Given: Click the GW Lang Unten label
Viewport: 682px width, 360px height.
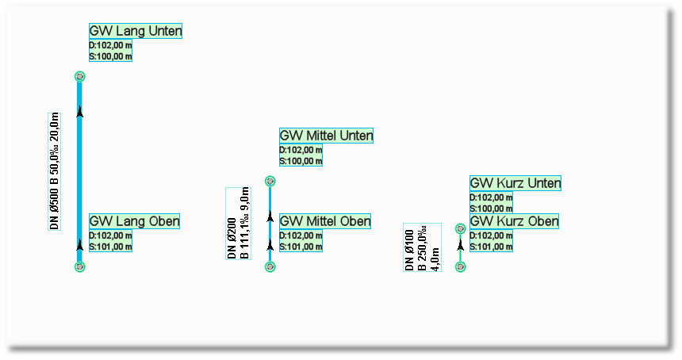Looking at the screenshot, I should [x=136, y=31].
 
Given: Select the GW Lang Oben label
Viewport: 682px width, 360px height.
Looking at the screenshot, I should [x=134, y=221].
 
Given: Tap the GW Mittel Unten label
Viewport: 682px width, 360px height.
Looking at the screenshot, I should [x=326, y=136].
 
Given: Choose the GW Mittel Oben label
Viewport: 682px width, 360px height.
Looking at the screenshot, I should [x=325, y=221].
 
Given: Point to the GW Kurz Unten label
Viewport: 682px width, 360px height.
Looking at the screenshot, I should [x=515, y=183].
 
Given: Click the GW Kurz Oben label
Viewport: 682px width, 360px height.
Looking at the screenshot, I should [x=514, y=221].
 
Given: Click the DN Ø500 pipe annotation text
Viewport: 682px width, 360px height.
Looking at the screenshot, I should [x=55, y=170].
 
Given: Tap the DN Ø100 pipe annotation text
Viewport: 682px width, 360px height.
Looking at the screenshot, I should [x=422, y=247].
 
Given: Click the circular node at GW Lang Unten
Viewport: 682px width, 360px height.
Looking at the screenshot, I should [x=79, y=76].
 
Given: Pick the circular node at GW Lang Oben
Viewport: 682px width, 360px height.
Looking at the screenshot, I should [x=79, y=266].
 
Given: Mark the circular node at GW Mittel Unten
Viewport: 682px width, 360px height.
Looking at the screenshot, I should [x=270, y=181].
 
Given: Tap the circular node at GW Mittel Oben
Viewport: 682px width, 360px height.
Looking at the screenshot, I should [x=270, y=266].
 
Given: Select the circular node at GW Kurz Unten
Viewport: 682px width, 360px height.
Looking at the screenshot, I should [x=461, y=228].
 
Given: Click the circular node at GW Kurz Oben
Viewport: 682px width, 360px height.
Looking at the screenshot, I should [x=461, y=266].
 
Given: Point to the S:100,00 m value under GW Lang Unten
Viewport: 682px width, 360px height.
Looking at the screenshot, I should [x=110, y=56].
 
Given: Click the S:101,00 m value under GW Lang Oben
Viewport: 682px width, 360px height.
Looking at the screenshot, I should [x=110, y=247].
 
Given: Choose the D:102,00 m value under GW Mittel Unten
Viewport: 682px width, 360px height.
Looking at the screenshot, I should [x=301, y=150].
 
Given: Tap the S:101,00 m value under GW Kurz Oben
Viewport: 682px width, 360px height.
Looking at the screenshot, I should [x=491, y=247].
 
